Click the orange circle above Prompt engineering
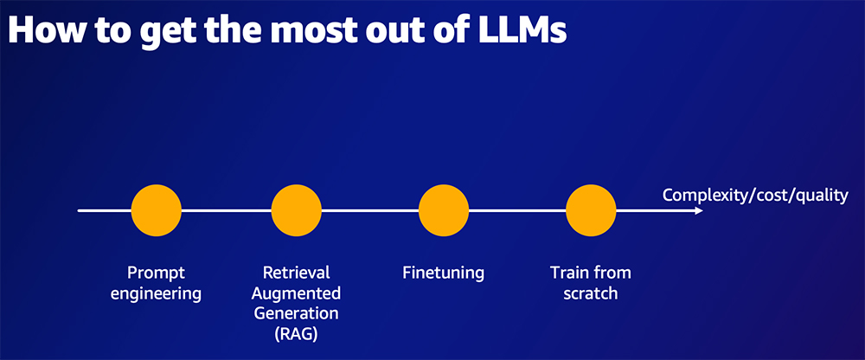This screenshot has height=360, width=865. (x=156, y=210)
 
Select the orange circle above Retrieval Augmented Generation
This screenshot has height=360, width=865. (x=297, y=210)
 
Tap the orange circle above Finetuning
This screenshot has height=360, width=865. (x=444, y=210)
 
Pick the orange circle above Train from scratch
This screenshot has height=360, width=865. (x=591, y=210)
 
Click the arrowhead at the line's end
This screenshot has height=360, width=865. (x=697, y=210)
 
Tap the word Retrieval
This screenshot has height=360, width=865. (x=297, y=273)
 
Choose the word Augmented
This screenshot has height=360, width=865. (x=297, y=292)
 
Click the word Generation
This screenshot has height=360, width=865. (x=297, y=312)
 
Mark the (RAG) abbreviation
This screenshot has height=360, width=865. (x=297, y=333)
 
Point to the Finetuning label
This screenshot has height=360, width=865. (x=444, y=273)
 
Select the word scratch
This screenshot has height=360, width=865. (x=591, y=293)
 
